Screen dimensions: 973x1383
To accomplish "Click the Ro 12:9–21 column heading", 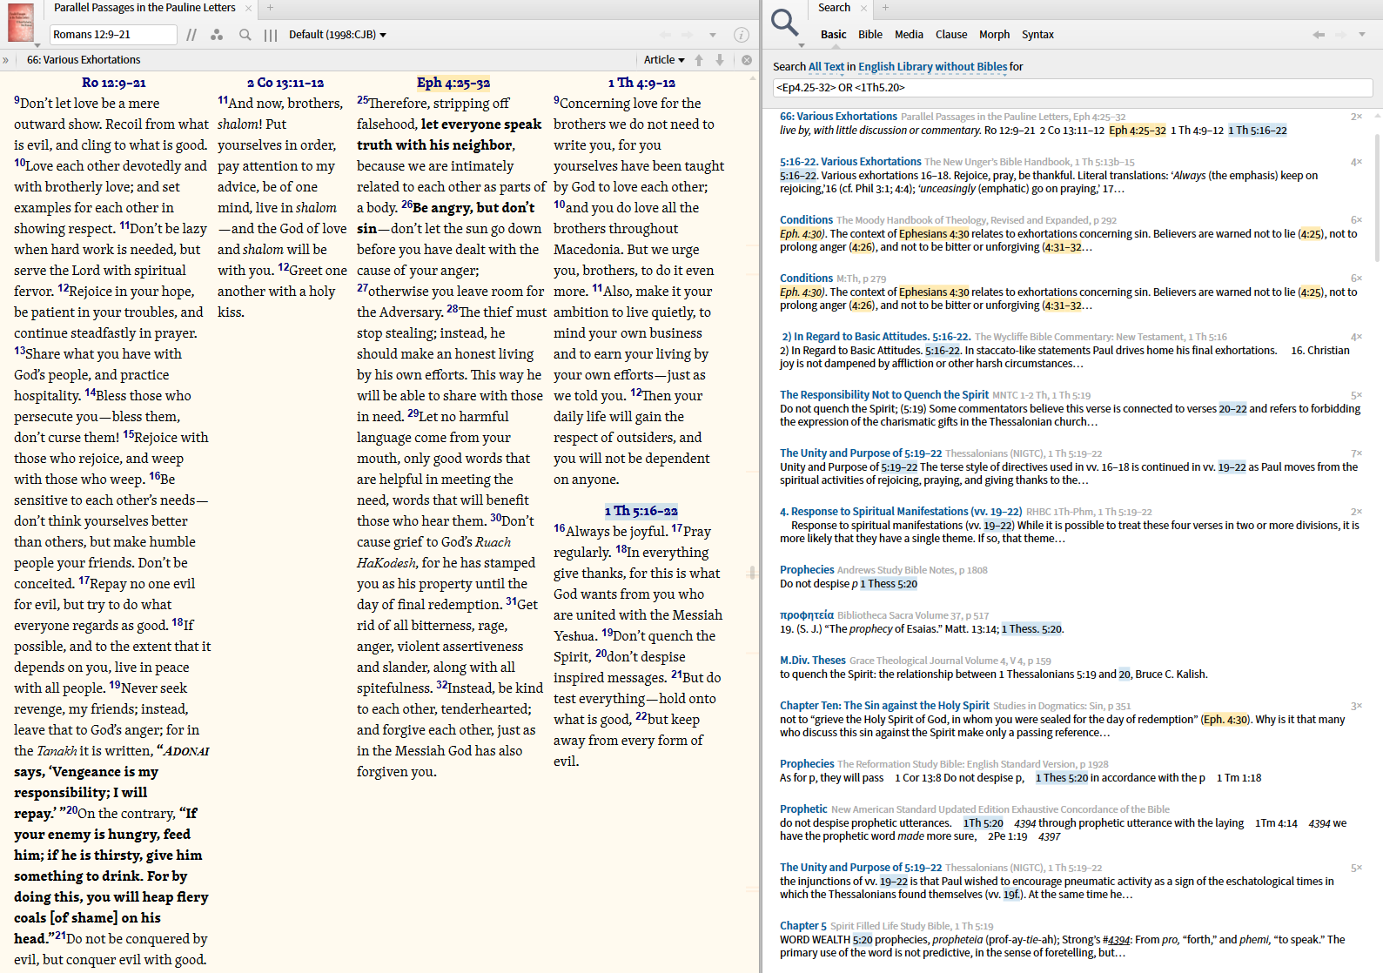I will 113,83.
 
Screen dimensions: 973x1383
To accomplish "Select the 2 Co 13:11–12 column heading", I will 285,83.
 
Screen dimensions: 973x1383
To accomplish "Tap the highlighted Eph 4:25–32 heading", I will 453,83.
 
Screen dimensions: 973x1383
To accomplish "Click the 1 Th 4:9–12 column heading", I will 641,83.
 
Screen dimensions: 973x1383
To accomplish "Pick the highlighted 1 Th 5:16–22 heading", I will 641,511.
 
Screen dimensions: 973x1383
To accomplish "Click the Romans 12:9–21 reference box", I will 113,35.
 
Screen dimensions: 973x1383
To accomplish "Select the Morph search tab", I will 994,35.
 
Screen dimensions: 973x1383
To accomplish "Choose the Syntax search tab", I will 1037,35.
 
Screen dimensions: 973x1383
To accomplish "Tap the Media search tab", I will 909,35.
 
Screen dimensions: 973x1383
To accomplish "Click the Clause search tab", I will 951,35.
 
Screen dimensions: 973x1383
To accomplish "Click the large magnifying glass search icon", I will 784,23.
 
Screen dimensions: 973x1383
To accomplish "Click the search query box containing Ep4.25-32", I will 1071,88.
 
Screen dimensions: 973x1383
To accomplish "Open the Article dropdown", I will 664,60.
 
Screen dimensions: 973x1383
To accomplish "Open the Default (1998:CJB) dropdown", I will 338,35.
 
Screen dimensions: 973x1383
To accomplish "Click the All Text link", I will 826,67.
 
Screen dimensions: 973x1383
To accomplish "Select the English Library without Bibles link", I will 932,67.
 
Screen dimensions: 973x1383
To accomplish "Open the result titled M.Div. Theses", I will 812,661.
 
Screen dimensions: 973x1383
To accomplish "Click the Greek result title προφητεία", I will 806,615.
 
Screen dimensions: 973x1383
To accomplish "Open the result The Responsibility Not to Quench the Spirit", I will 884,395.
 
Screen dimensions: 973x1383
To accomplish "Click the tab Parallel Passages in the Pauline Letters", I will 144,8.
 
